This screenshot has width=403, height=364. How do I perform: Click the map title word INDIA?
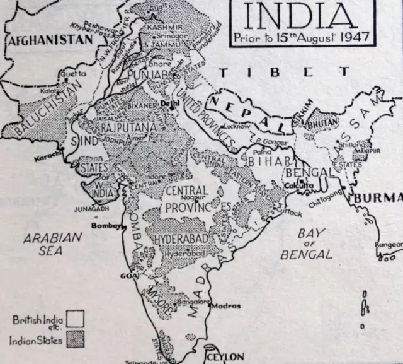tap(302, 16)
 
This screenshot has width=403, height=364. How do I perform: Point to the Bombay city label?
tap(105, 225)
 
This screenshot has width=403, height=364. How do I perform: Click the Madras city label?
tap(225, 306)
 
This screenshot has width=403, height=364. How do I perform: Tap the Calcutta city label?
tap(294, 186)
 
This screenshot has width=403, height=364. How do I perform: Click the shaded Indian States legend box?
tap(75, 341)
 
